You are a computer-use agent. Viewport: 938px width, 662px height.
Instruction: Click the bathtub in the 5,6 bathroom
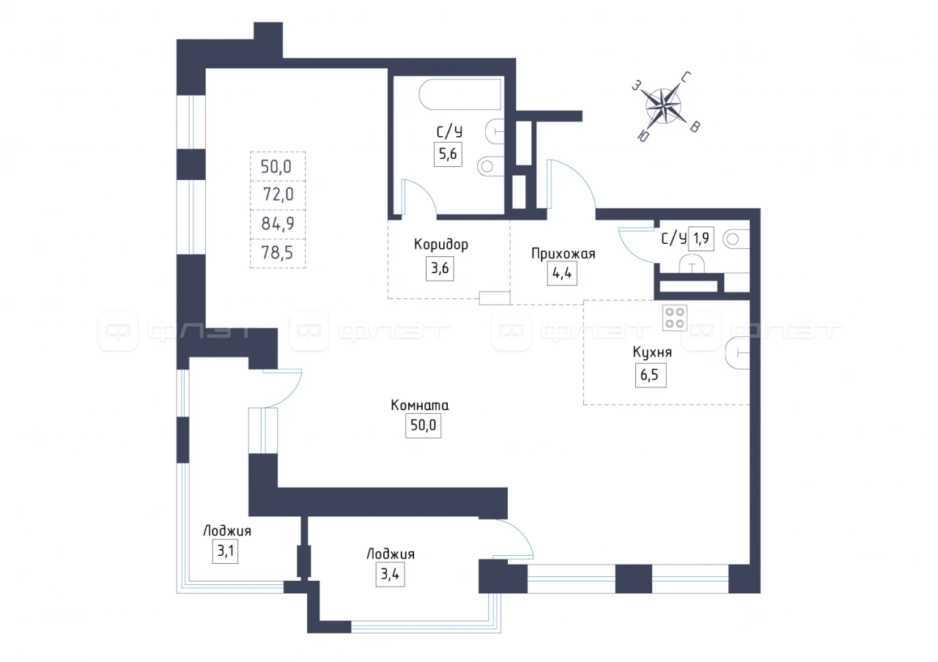pos(460,94)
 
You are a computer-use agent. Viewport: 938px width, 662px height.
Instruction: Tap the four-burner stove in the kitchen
pos(675,318)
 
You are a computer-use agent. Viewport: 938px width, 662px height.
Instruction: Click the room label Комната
pos(420,405)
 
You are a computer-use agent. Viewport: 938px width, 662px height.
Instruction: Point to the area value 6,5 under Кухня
pos(649,375)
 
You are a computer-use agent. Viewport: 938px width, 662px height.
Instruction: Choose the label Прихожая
pos(564,253)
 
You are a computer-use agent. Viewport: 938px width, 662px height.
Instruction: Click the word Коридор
pos(441,244)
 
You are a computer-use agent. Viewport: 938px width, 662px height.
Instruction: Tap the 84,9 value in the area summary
pos(278,224)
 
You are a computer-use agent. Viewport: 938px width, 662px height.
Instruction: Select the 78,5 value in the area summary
pos(277,253)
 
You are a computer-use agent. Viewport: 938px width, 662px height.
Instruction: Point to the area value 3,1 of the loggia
pos(225,551)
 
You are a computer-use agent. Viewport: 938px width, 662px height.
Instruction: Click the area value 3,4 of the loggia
pos(390,574)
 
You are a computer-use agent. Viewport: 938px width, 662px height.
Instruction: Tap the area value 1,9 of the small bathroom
pos(701,239)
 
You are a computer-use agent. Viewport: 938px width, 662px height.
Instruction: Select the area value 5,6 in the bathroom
pos(448,154)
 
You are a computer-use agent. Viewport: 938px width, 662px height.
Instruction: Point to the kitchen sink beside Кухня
pos(737,353)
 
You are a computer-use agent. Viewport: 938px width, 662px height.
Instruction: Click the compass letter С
pos(686,78)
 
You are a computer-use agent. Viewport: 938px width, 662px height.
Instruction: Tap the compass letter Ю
pos(643,136)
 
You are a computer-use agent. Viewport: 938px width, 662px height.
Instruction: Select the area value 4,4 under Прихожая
pos(562,273)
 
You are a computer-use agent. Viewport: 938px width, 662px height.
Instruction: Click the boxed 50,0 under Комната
pos(423,425)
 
